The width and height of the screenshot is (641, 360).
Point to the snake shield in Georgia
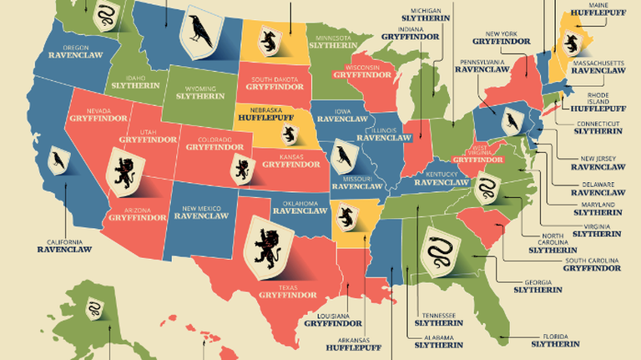440,251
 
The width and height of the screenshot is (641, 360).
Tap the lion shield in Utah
128,171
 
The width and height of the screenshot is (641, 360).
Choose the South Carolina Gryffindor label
592,265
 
